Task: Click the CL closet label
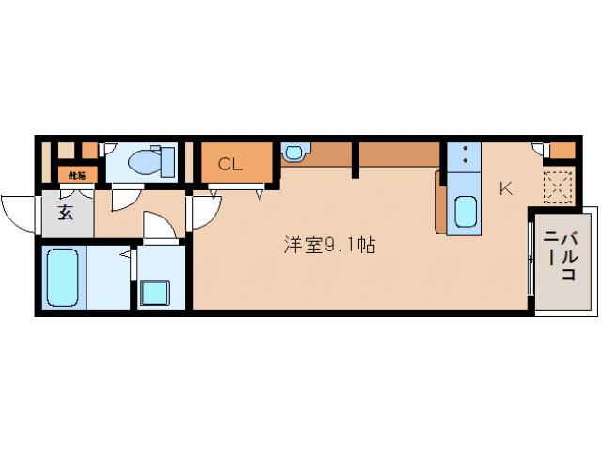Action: tap(230, 164)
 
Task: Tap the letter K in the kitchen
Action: tap(505, 187)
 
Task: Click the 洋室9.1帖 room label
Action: tap(330, 246)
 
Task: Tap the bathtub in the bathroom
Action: tap(62, 276)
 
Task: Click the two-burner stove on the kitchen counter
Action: tap(463, 155)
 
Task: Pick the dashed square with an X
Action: tap(559, 186)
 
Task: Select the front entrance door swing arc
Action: tap(19, 209)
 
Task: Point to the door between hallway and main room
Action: tap(201, 212)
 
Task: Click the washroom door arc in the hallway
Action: tap(158, 229)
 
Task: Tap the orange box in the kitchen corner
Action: tap(562, 150)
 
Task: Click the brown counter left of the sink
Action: tap(440, 201)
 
